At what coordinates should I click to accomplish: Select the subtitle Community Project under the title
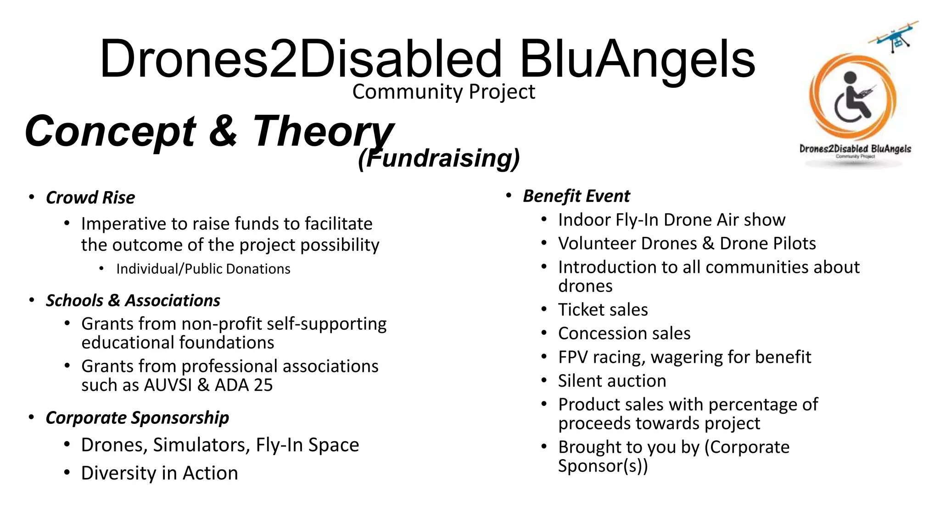tap(443, 92)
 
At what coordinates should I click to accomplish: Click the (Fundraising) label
tap(439, 158)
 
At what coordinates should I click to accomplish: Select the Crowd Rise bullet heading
tap(90, 198)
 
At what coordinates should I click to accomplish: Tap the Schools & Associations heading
tap(133, 301)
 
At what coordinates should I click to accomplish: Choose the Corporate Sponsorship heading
tap(137, 418)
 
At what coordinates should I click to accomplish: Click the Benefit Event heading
tap(576, 196)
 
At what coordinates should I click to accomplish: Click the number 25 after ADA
tap(263, 385)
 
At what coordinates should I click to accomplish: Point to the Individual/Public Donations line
tap(203, 269)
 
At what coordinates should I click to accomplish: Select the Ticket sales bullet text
tap(603, 310)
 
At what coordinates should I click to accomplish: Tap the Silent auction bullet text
tap(612, 381)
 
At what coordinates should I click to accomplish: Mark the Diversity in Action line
tap(159, 473)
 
